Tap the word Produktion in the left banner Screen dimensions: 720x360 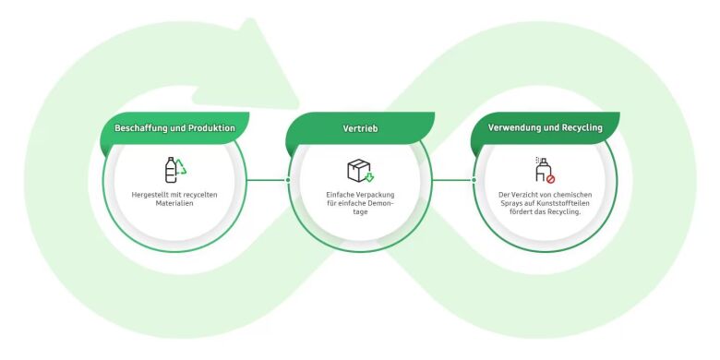click(211, 128)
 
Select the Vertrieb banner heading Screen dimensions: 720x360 click(360, 128)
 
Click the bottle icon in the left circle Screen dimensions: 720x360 click(171, 170)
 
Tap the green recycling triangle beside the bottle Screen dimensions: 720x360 click(181, 167)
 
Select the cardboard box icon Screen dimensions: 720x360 click(359, 170)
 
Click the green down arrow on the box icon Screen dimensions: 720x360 click(368, 177)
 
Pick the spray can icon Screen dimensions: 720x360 click(543, 170)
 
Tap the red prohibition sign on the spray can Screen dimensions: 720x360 click(550, 179)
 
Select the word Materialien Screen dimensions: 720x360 click(174, 203)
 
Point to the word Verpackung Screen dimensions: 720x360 click(375, 195)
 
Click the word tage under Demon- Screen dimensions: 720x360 click(360, 212)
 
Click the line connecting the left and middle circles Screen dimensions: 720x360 click(268, 180)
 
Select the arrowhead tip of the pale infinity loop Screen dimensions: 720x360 click(251, 19)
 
